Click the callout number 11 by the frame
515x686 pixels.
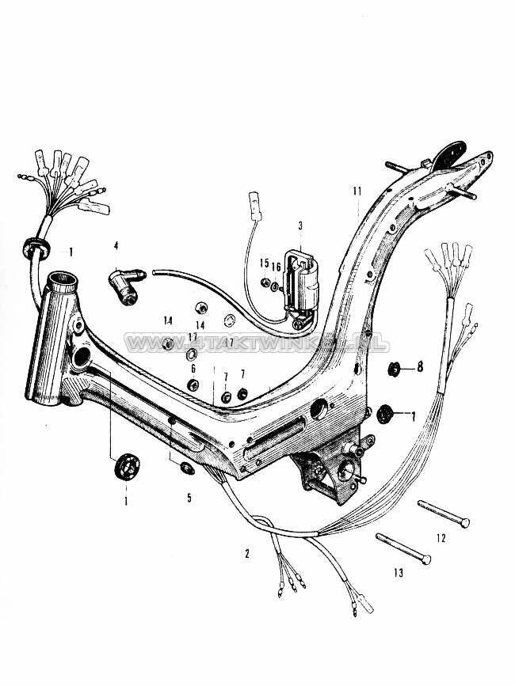(357, 191)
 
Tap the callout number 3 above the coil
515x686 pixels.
(301, 226)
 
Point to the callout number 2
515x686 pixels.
(247, 554)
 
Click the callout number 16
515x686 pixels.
(277, 268)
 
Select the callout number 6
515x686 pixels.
(193, 369)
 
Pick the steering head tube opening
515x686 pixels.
(61, 279)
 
